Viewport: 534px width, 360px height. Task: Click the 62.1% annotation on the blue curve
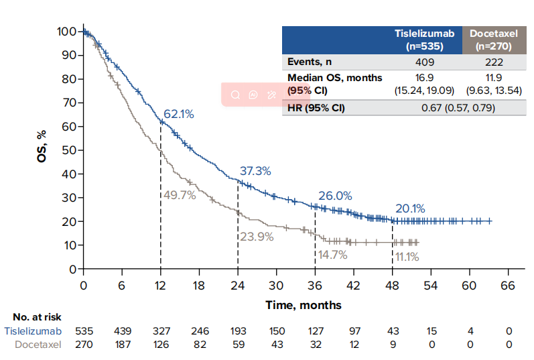click(x=178, y=114)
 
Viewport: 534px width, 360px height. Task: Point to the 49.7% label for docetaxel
click(x=180, y=195)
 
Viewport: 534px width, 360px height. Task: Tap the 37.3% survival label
click(x=255, y=171)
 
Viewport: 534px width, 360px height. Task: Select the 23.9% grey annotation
click(x=257, y=237)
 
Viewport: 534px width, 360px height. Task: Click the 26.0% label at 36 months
click(x=335, y=196)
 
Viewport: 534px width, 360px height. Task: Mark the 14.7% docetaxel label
click(x=333, y=255)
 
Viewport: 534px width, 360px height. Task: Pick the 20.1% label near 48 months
click(x=410, y=208)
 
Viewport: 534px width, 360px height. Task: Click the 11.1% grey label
click(x=407, y=256)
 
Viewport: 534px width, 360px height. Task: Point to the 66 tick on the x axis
click(x=508, y=286)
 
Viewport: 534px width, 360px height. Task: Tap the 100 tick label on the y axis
click(x=66, y=32)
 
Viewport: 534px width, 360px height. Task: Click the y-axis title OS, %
click(x=42, y=146)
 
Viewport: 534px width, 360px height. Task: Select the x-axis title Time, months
click(x=304, y=305)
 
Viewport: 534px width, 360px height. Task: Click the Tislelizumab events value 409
click(x=425, y=62)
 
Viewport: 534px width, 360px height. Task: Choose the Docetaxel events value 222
click(x=494, y=62)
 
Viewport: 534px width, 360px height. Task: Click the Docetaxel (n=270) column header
click(x=494, y=40)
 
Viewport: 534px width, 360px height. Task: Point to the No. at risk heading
click(x=37, y=317)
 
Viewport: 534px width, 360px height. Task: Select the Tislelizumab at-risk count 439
click(x=123, y=331)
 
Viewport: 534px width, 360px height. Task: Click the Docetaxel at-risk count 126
click(x=161, y=345)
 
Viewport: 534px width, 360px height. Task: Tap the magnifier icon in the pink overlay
click(x=235, y=95)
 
